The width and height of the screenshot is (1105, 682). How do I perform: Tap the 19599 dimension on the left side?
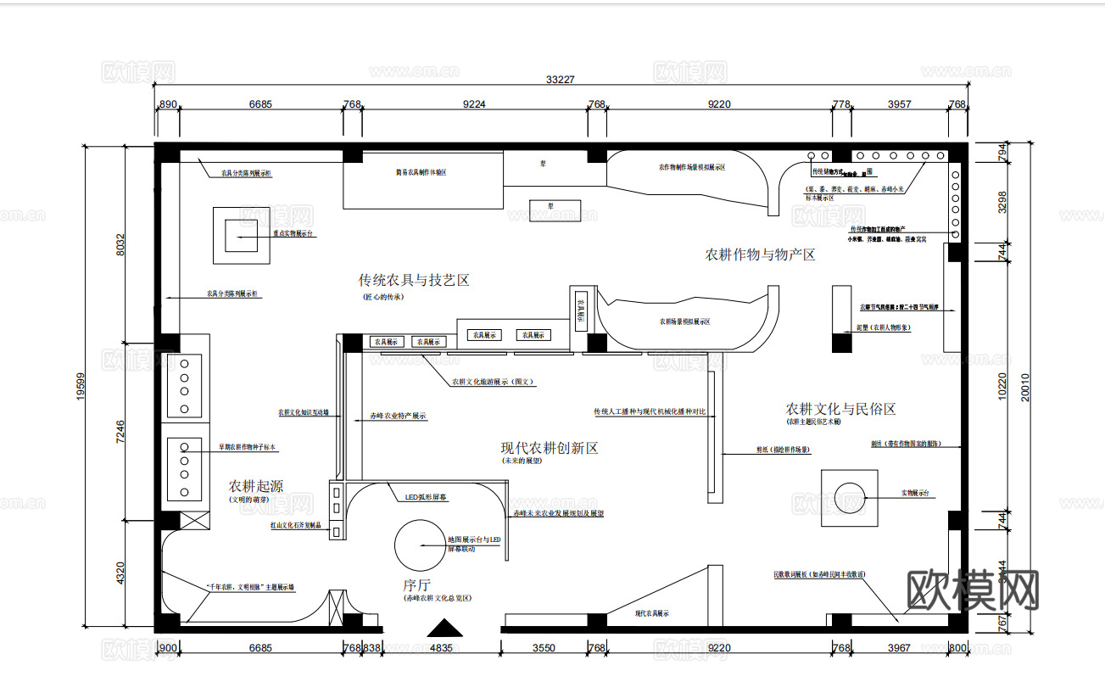point(81,389)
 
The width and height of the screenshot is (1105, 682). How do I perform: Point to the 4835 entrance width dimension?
point(442,648)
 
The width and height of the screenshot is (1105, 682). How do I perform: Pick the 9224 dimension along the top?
point(474,104)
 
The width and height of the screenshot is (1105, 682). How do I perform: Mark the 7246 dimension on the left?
point(120,431)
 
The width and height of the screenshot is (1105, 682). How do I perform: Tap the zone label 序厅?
point(417,585)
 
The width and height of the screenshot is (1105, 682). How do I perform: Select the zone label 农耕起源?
point(256,487)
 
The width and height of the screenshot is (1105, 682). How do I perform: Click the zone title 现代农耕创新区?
point(550,448)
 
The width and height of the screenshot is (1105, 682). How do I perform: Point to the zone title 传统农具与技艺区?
point(414,280)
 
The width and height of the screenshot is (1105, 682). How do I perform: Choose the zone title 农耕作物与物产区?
point(760,254)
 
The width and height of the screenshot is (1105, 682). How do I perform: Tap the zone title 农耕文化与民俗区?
point(840,409)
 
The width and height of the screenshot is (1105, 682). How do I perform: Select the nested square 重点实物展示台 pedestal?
point(241,234)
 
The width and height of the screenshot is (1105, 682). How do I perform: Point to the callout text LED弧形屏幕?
point(427,497)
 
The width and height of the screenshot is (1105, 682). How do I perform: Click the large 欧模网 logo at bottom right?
point(973,589)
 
